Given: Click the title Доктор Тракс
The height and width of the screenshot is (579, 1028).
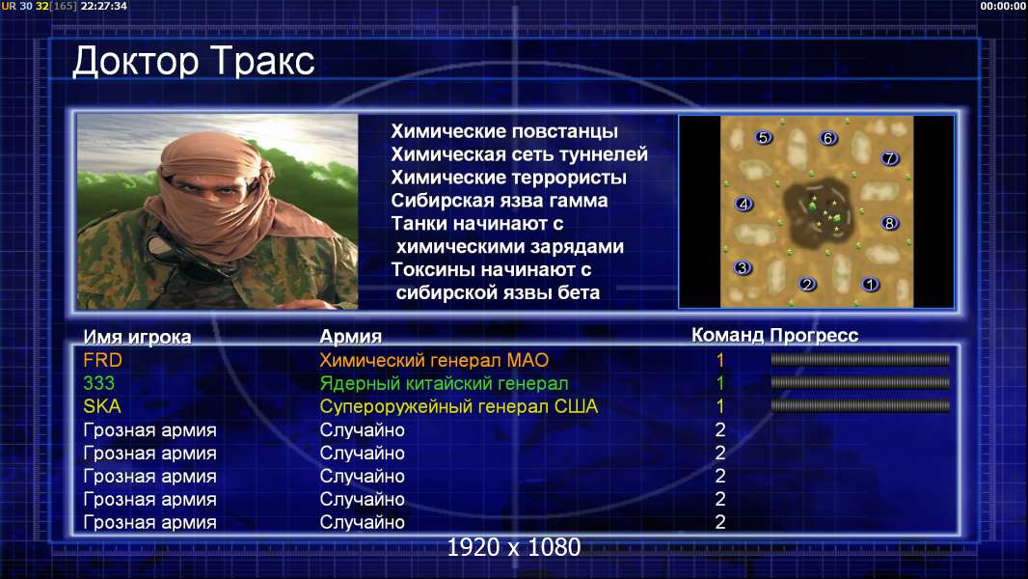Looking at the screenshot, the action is [194, 62].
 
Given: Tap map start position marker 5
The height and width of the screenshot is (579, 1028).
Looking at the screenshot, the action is [763, 138].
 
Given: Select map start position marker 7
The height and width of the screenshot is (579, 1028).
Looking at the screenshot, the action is [890, 158].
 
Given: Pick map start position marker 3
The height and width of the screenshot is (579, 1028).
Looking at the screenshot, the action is [743, 267].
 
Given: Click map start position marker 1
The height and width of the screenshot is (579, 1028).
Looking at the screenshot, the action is [870, 285].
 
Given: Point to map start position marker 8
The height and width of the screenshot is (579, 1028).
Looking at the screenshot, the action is [890, 223].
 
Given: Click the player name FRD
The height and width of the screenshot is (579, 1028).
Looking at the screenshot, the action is [103, 360].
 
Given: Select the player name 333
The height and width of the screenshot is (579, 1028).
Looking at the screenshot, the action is [99, 383].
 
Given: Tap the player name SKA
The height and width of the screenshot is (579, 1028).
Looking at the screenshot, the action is [102, 406].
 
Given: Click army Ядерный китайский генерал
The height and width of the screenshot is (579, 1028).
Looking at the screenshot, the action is [444, 384].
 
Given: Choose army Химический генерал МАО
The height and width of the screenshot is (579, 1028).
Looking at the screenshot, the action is [434, 360].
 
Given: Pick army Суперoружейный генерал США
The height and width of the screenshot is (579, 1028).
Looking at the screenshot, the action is [459, 406].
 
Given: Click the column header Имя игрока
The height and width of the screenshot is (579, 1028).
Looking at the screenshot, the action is [137, 337].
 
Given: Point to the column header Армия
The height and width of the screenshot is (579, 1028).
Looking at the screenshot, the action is [351, 337].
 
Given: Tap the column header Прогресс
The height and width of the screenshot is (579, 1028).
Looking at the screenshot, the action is [814, 336].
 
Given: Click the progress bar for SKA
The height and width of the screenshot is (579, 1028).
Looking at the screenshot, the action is [860, 406].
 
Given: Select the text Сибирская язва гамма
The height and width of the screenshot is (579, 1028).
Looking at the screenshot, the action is [500, 201].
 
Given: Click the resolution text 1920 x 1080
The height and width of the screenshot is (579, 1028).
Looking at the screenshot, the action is [514, 547].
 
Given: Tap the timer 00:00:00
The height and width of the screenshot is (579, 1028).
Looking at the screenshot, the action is [1002, 6].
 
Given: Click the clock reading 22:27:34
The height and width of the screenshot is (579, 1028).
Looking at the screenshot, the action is [103, 6].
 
